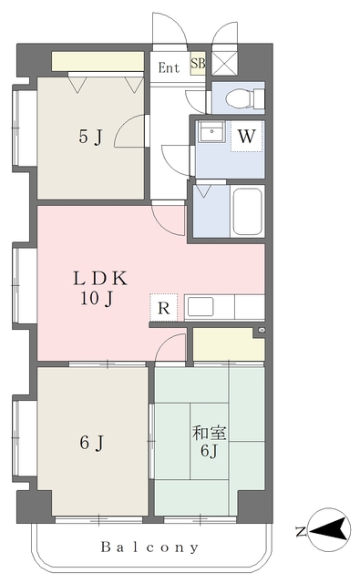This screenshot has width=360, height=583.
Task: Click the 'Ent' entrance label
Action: point(169,67)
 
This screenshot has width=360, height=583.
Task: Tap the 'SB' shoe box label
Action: point(198,63)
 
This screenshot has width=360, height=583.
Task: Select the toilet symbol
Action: point(245,98)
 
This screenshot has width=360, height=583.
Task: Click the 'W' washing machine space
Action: point(247,136)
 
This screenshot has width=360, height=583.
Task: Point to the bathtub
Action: point(247,211)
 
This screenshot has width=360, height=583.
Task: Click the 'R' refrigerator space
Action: point(164,308)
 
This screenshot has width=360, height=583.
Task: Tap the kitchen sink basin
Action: point(201,307)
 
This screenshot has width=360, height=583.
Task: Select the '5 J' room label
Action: point(90,138)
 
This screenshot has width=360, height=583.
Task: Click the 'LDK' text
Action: point(100,278)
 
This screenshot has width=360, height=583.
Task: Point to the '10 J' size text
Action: point(97,298)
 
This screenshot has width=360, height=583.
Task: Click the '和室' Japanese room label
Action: point(209,434)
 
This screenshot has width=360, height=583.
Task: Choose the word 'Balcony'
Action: point(149,547)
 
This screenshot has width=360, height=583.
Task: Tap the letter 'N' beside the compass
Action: point(301,532)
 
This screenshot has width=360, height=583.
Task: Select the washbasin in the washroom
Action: point(211,131)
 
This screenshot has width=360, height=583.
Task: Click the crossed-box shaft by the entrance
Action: point(224,64)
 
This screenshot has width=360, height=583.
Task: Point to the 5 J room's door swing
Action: point(129,131)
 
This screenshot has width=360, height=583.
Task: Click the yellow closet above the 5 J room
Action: point(98,61)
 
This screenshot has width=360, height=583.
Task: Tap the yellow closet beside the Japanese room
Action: point(228,344)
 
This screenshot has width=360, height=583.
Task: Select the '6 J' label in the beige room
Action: point(91,443)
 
